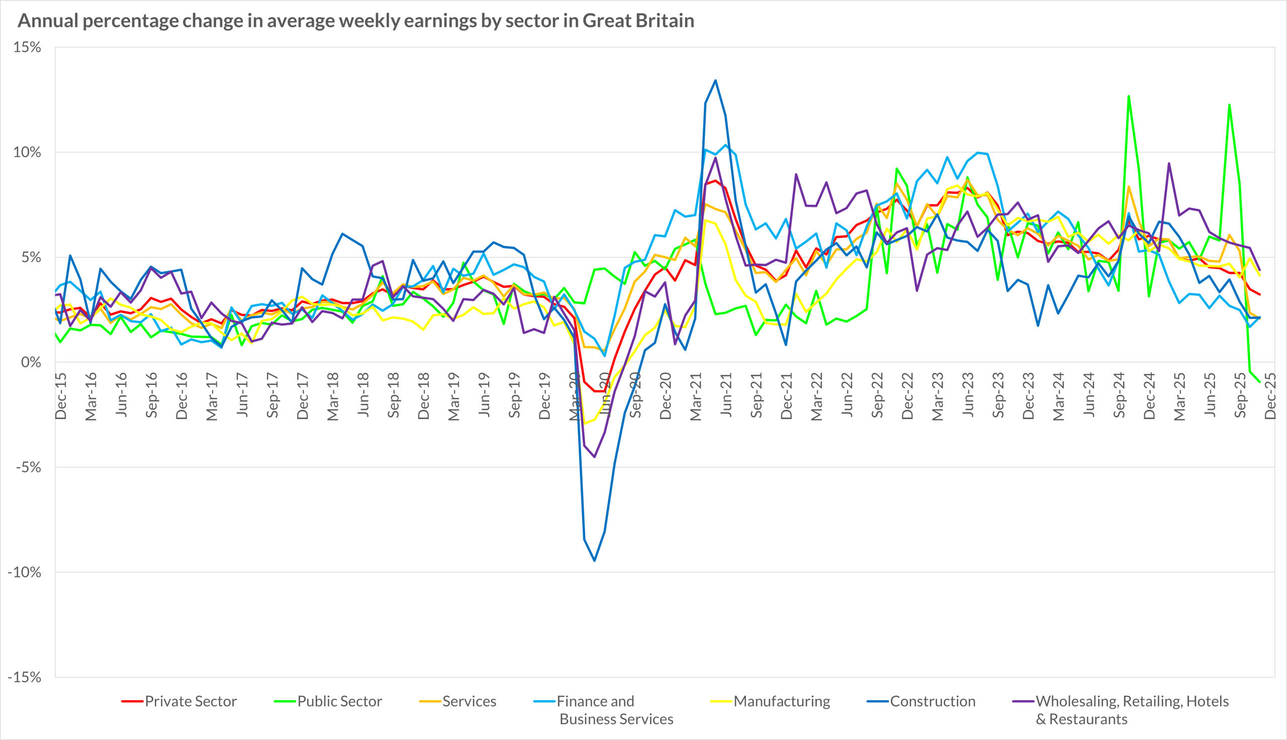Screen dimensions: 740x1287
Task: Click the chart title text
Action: click(355, 21)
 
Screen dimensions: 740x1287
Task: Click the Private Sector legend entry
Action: click(191, 701)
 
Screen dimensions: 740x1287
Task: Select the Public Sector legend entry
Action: click(339, 701)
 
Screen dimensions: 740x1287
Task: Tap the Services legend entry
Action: click(469, 701)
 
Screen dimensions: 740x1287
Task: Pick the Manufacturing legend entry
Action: click(782, 701)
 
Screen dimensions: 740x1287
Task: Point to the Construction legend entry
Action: click(933, 701)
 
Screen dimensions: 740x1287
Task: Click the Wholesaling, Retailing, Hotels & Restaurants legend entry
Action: click(1132, 710)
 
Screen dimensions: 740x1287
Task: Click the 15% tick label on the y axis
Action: click(27, 47)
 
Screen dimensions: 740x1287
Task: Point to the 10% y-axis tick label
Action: click(27, 152)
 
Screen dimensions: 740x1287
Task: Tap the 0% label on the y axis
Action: click(31, 362)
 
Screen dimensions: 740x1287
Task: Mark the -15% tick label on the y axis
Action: click(24, 677)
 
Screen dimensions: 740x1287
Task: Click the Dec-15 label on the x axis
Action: click(61, 396)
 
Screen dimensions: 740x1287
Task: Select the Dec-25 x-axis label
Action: click(1270, 396)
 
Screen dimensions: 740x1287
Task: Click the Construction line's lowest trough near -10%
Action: click(594, 560)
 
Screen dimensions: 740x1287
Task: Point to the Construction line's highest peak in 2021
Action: click(715, 80)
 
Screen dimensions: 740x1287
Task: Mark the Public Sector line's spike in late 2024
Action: click(1129, 96)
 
